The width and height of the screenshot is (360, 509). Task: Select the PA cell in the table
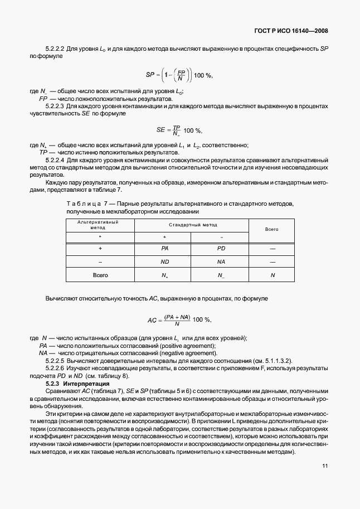[x=165, y=248]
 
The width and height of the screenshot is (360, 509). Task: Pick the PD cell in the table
[x=221, y=248]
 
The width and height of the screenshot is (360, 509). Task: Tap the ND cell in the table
[x=165, y=261]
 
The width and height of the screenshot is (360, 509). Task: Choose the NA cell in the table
[x=221, y=261]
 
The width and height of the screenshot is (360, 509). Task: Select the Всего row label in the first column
[x=100, y=275]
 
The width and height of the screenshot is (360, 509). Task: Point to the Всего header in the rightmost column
[x=271, y=229]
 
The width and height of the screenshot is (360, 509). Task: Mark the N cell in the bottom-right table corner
[x=273, y=275]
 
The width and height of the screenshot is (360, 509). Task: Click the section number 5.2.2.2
[x=55, y=49]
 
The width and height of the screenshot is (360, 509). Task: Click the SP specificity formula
[x=179, y=75]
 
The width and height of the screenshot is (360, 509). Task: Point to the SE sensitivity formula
[x=179, y=130]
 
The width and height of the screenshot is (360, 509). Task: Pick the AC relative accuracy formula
[x=179, y=319]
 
